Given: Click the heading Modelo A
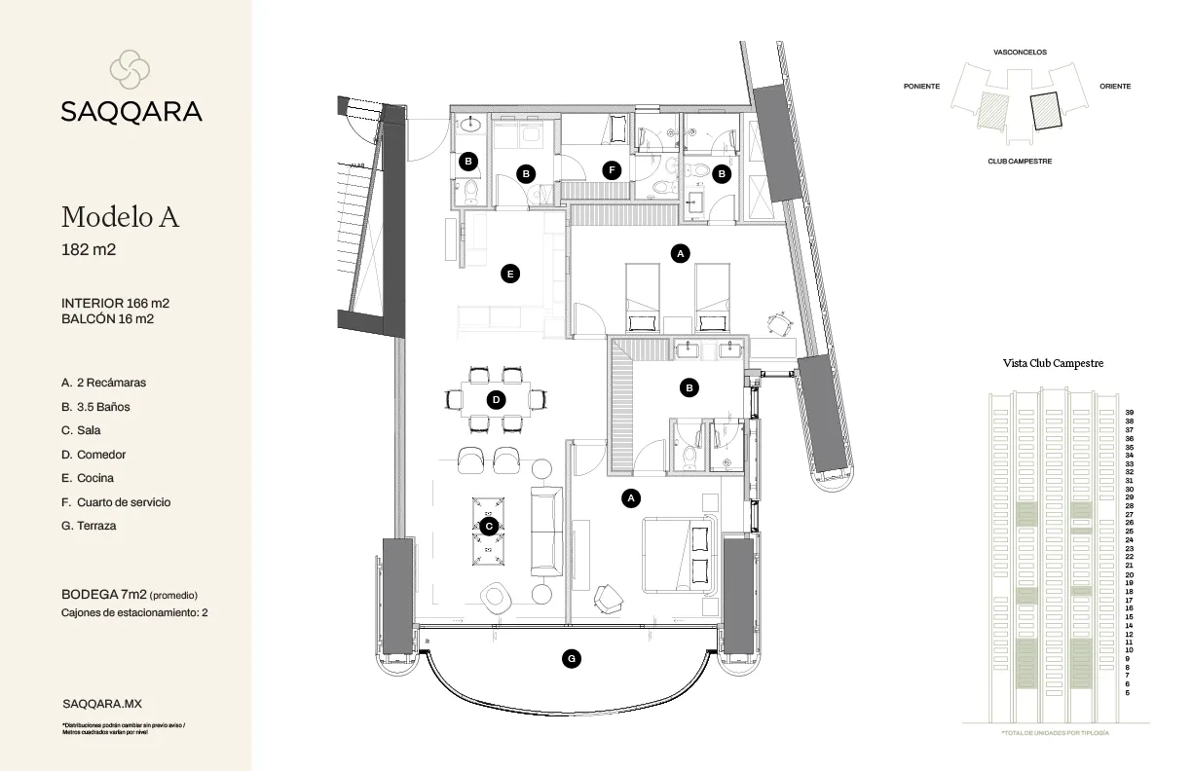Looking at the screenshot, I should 120,216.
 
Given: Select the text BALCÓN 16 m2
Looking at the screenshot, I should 109,318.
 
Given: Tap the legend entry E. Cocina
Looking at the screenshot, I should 87,478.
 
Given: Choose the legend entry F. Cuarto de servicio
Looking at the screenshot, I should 115,502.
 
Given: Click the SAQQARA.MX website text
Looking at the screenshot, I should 102,702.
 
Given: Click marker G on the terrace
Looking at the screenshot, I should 572,659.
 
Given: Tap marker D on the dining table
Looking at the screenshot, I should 496,399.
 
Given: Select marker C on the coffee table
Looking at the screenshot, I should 489,526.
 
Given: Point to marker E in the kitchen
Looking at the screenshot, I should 508,275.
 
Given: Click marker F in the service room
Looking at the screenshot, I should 611,169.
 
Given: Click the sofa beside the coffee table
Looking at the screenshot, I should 544,531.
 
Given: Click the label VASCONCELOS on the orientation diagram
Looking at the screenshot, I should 1020,53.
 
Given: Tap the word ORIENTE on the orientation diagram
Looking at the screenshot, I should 1115,87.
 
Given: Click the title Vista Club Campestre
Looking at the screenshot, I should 1053,363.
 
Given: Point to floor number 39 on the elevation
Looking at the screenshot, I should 1129,412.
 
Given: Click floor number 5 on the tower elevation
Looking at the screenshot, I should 1127,692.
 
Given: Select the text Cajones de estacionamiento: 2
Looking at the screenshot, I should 134,612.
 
